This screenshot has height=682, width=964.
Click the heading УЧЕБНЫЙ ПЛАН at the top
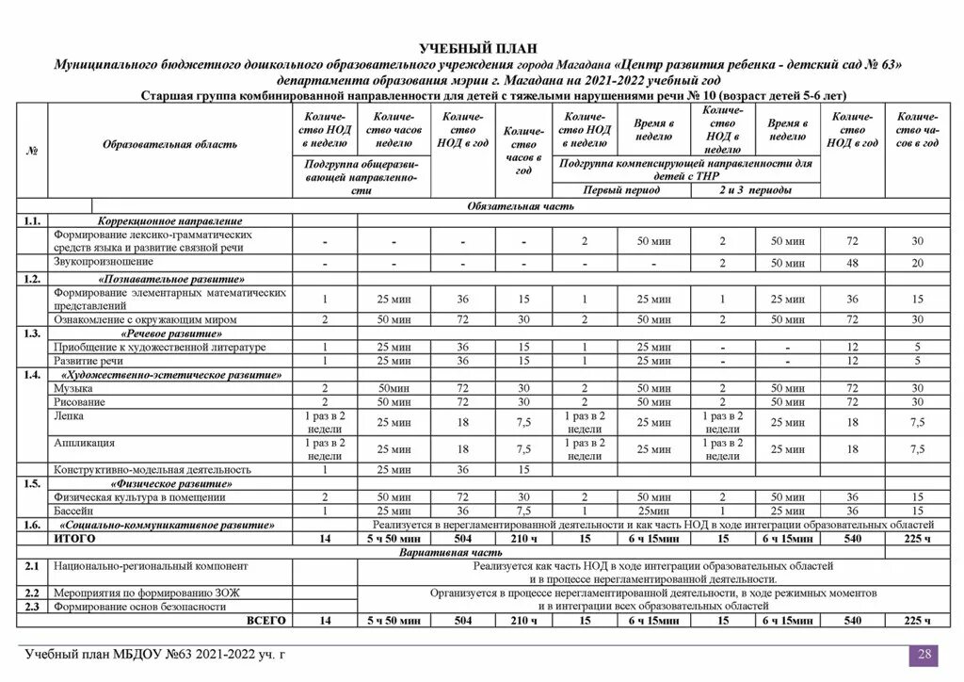(481, 48)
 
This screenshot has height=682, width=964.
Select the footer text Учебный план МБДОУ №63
(154, 655)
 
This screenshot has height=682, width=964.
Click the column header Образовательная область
(169, 144)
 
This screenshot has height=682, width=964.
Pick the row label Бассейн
(73, 510)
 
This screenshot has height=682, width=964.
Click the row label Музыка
(72, 387)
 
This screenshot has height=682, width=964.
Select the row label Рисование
(80, 401)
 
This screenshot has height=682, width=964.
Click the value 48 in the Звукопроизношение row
(852, 263)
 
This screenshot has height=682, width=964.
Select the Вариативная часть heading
(481, 552)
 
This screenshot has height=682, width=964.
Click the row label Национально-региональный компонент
(151, 567)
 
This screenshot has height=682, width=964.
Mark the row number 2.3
(32, 607)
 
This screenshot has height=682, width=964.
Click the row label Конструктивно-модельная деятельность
(153, 469)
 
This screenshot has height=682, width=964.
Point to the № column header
(32, 150)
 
